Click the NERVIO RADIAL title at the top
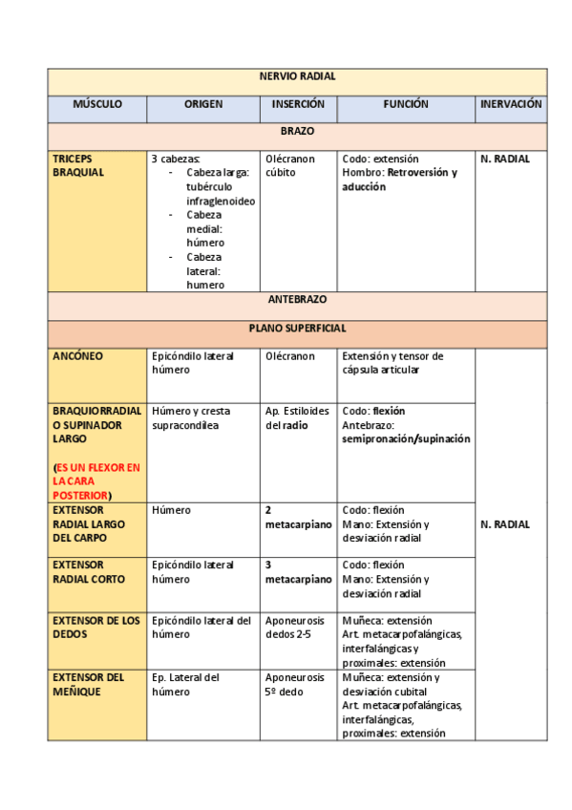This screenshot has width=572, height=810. [x=297, y=77]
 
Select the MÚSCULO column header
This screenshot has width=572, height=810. [x=97, y=105]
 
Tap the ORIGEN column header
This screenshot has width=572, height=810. [x=203, y=105]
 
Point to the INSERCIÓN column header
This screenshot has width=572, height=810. [x=298, y=105]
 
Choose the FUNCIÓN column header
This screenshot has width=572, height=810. [x=406, y=105]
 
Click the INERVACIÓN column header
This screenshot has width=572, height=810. [x=511, y=105]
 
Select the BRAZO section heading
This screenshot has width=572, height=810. [x=297, y=132]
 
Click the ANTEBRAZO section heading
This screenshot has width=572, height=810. [x=297, y=300]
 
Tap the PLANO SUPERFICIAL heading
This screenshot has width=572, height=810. [x=297, y=328]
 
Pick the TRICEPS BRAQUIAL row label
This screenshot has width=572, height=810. [x=78, y=165]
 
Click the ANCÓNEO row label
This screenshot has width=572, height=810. [x=78, y=356]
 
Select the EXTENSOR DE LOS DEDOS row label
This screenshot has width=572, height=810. [x=95, y=628]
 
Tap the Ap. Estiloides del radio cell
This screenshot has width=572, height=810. [x=298, y=418]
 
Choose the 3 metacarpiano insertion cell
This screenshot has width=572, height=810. [x=298, y=572]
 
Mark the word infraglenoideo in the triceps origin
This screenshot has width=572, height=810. [x=221, y=202]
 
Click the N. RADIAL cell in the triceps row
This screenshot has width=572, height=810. [x=505, y=159]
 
